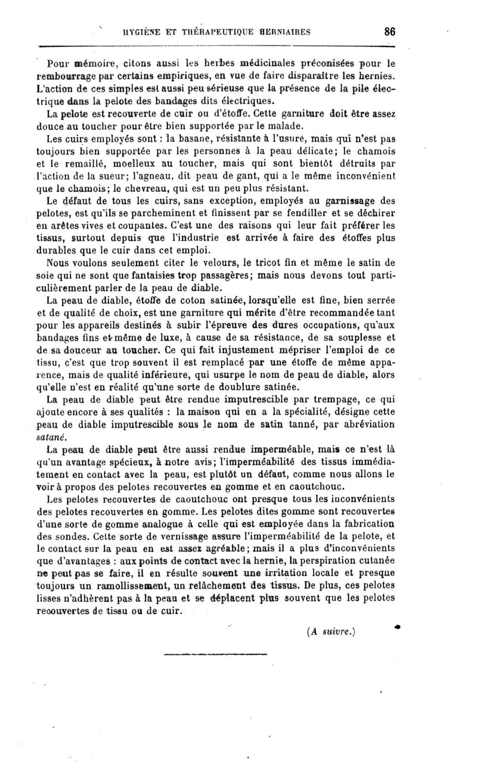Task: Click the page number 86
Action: coord(391,32)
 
